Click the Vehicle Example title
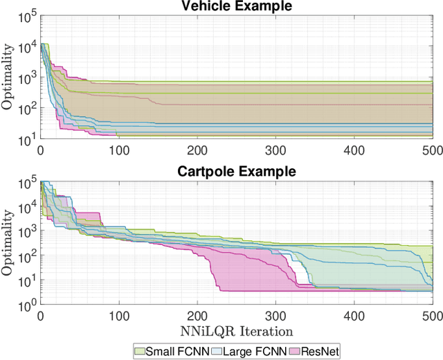point(236,6)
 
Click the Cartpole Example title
point(236,171)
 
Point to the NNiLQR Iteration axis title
point(236,332)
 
